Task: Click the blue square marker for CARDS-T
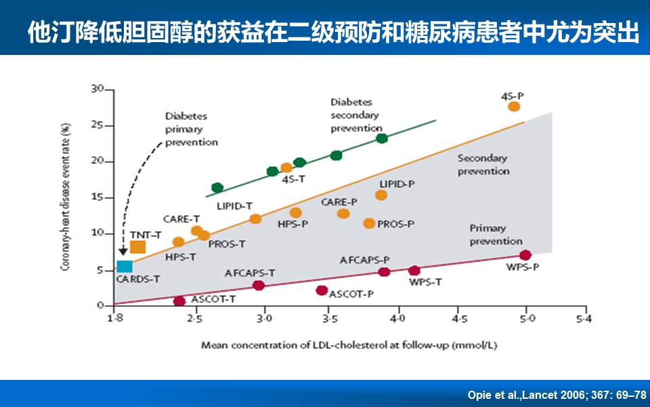click(124, 267)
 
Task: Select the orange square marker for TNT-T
click(137, 247)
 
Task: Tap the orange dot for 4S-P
click(514, 106)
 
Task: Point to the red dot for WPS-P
click(525, 255)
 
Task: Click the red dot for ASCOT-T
click(179, 301)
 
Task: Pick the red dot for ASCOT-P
click(322, 290)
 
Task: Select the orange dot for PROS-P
click(369, 223)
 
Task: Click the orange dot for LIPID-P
click(381, 195)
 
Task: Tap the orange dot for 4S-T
click(286, 168)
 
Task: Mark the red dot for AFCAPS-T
click(259, 285)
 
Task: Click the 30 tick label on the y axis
click(99, 89)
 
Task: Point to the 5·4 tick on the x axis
click(583, 317)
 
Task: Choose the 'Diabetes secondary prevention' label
click(355, 115)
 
